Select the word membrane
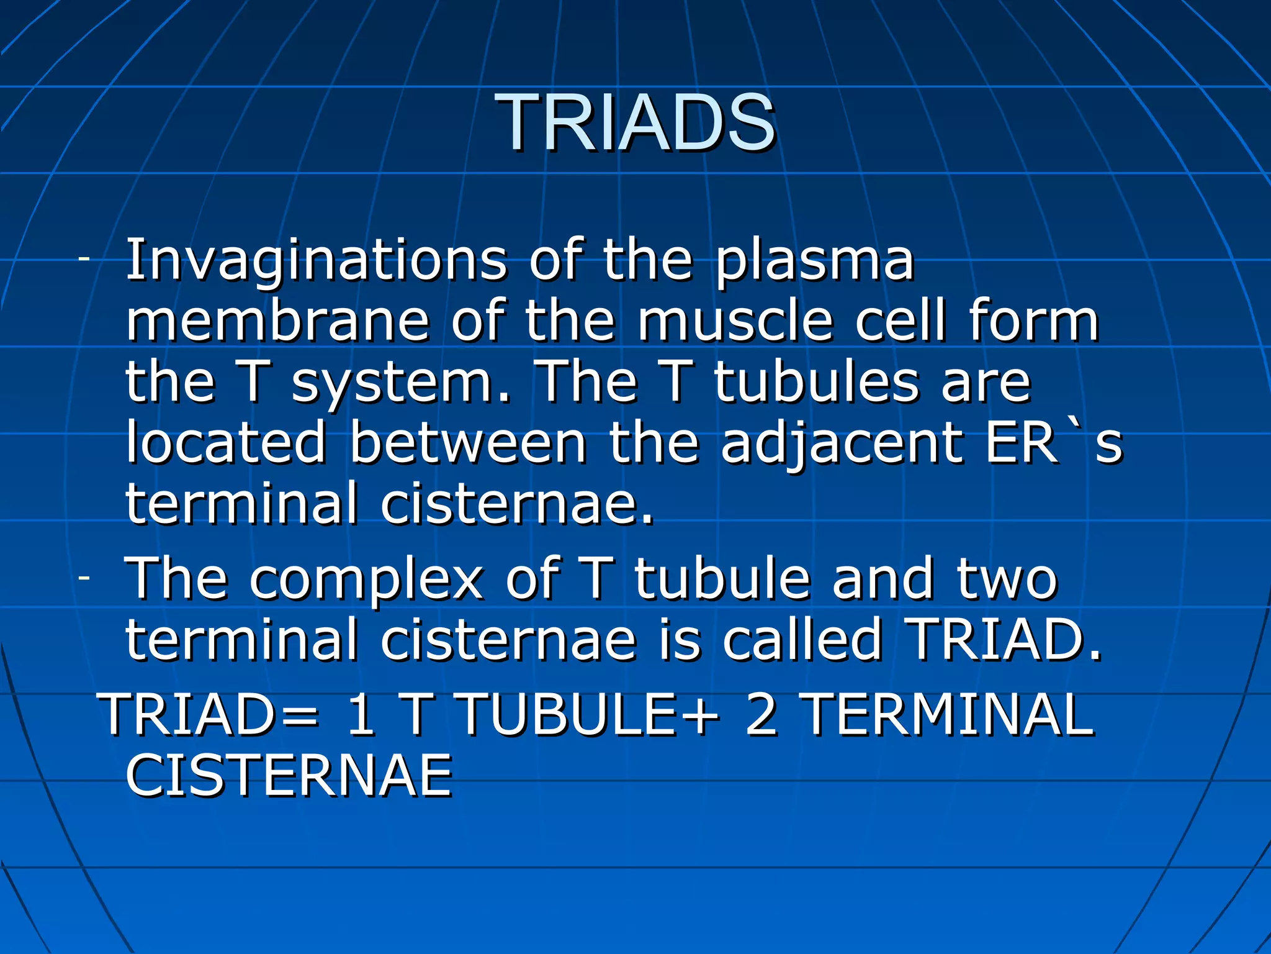(x=277, y=321)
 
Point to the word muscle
(x=735, y=321)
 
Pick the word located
(x=226, y=442)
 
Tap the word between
(x=468, y=442)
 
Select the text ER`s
(x=1054, y=442)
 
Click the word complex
(x=366, y=579)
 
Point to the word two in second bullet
(x=1006, y=579)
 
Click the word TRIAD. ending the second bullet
(x=1002, y=640)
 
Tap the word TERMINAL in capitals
(x=948, y=714)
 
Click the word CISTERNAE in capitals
(x=289, y=775)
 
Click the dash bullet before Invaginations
(x=84, y=258)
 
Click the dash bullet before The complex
(x=84, y=578)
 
